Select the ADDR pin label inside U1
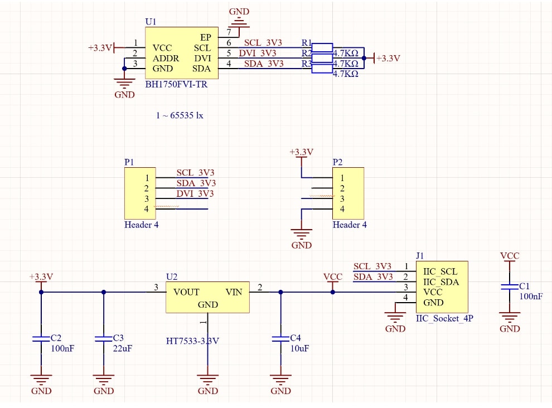[166, 59]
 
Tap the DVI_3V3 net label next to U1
[258, 53]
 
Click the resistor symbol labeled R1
[322, 47]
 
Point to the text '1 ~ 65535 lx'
[180, 115]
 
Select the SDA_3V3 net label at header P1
[196, 183]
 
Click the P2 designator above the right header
[337, 162]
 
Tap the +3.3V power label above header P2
[301, 152]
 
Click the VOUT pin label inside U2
[186, 292]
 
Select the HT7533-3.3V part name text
[192, 341]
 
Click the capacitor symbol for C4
[280, 338]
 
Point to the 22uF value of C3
[122, 348]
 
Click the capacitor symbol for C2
[41, 338]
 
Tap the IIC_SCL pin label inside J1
[440, 271]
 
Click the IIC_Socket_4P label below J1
[444, 319]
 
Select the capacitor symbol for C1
[509, 286]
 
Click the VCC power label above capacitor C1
[509, 256]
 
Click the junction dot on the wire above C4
[280, 292]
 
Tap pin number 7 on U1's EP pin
[229, 32]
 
